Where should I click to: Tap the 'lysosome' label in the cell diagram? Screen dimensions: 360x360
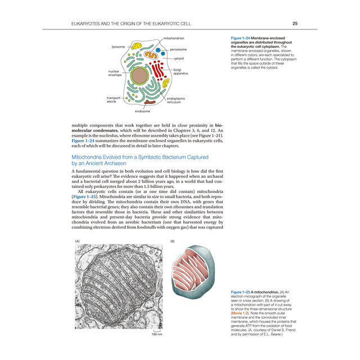118,47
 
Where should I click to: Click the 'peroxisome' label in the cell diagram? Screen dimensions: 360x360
178,49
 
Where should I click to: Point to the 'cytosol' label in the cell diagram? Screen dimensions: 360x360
179,58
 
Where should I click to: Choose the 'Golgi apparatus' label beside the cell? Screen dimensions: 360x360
181,71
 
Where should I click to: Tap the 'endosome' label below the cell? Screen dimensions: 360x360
142,112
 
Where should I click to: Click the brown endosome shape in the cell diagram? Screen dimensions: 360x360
150,102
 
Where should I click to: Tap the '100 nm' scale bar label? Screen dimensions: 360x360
156,335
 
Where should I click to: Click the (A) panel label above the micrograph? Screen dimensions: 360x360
77,241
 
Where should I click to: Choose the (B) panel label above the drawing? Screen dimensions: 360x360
173,241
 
